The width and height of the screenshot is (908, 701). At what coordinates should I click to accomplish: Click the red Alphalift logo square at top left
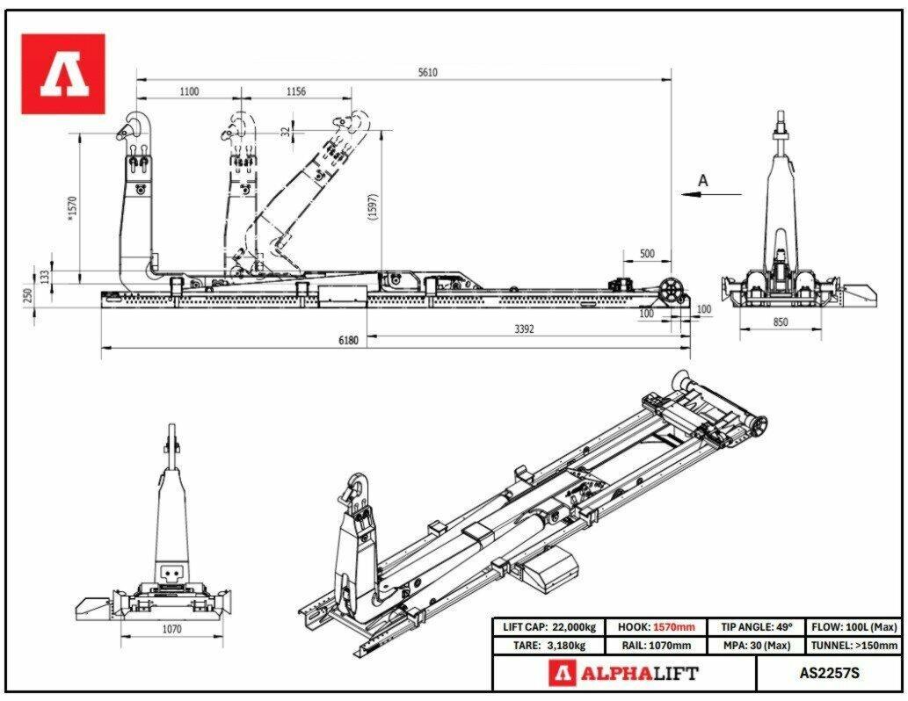[x=63, y=74]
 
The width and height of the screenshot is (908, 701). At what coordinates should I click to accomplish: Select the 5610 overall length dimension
[x=427, y=72]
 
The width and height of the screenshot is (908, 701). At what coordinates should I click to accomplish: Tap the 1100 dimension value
[x=189, y=91]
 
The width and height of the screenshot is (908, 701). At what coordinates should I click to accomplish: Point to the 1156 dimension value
[x=296, y=91]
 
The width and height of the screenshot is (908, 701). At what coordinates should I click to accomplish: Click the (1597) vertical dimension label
[x=373, y=206]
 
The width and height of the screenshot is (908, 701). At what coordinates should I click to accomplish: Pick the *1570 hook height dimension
[x=72, y=208]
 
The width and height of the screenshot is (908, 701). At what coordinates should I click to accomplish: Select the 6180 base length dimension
[x=348, y=340]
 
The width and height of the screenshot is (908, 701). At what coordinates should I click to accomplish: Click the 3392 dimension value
[x=524, y=329]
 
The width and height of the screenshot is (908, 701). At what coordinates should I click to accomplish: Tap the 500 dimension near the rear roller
[x=647, y=254]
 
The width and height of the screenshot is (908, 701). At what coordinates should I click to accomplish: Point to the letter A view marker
[x=703, y=181]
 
